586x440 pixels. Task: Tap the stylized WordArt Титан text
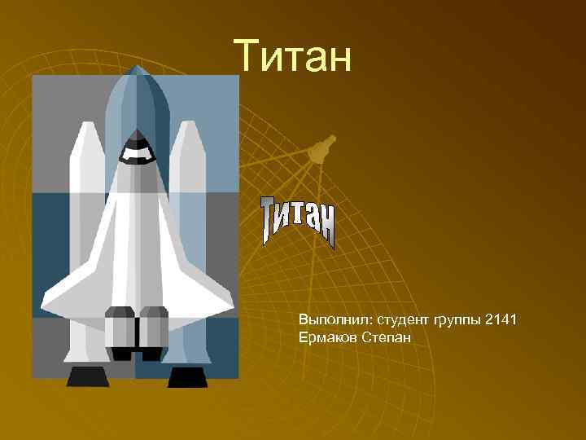[298, 220]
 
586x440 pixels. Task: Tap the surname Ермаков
[324, 337]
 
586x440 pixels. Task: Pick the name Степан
[383, 337]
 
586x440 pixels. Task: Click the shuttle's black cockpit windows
[135, 149]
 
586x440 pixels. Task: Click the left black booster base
[87, 377]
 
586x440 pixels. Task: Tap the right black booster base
[186, 377]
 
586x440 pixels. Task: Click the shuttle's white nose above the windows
[135, 134]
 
